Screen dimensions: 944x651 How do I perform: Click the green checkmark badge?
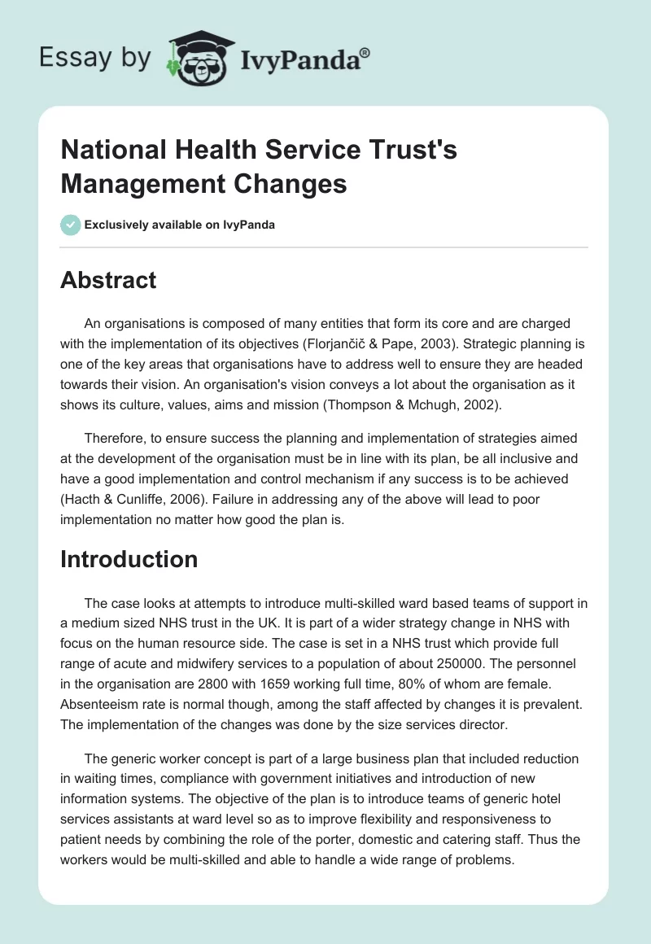(x=71, y=225)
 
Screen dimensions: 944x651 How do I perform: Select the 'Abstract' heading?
(x=108, y=280)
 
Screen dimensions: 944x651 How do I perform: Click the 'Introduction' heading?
(x=129, y=559)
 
